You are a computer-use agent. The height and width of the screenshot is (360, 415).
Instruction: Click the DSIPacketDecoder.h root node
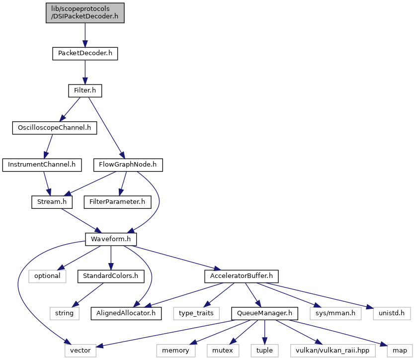(85, 13)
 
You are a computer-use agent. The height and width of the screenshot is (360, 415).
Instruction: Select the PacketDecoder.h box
(85, 54)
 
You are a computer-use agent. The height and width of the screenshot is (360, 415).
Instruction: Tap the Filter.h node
(85, 90)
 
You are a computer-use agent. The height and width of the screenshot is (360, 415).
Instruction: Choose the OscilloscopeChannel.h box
(55, 128)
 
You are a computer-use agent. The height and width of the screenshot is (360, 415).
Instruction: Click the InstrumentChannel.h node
(42, 165)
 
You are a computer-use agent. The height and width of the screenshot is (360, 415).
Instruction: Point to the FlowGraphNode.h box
(128, 165)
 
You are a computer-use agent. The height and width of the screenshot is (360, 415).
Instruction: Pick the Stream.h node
(52, 202)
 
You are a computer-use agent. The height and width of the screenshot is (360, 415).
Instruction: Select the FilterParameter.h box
(117, 202)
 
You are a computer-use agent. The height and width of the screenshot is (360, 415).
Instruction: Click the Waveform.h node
(111, 239)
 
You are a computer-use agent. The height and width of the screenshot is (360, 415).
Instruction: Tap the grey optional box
(47, 276)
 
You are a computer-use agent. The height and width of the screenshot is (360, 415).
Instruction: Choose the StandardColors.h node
(111, 276)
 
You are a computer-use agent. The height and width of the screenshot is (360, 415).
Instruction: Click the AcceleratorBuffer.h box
(242, 276)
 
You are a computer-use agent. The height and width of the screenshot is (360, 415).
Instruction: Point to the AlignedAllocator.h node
(126, 313)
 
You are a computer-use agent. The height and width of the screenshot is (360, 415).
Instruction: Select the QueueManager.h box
(265, 313)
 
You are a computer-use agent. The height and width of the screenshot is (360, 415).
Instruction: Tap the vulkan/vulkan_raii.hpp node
(332, 351)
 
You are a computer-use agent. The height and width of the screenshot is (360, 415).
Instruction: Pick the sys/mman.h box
(335, 313)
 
